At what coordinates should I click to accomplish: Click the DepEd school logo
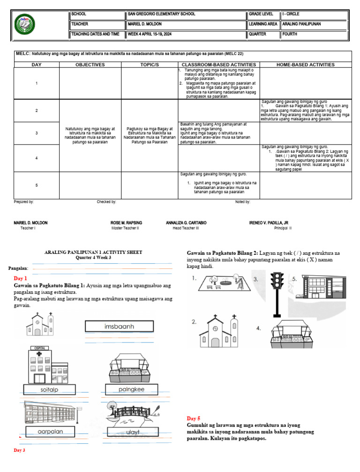click(x=24, y=24)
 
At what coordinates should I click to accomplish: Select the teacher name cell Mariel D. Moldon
click(x=146, y=24)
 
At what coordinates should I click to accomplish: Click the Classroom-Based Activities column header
click(x=218, y=65)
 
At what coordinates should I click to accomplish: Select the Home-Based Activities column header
click(x=305, y=65)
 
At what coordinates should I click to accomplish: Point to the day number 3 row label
click(x=37, y=133)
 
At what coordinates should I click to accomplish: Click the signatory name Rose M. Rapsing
click(x=126, y=223)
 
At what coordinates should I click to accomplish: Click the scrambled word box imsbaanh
click(x=119, y=326)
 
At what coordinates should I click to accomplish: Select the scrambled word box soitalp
click(x=50, y=389)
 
